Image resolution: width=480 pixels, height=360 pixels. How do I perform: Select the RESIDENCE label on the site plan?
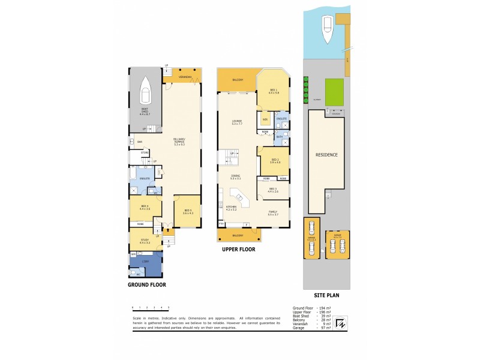(x=326, y=155)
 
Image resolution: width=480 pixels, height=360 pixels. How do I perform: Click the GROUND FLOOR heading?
(x=146, y=285)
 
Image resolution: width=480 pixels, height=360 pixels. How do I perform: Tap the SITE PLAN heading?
(x=328, y=296)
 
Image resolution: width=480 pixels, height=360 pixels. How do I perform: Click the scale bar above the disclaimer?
(x=151, y=308)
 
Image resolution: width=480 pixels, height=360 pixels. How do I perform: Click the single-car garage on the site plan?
(x=311, y=238)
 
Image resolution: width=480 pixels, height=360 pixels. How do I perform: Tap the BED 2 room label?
(x=275, y=161)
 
